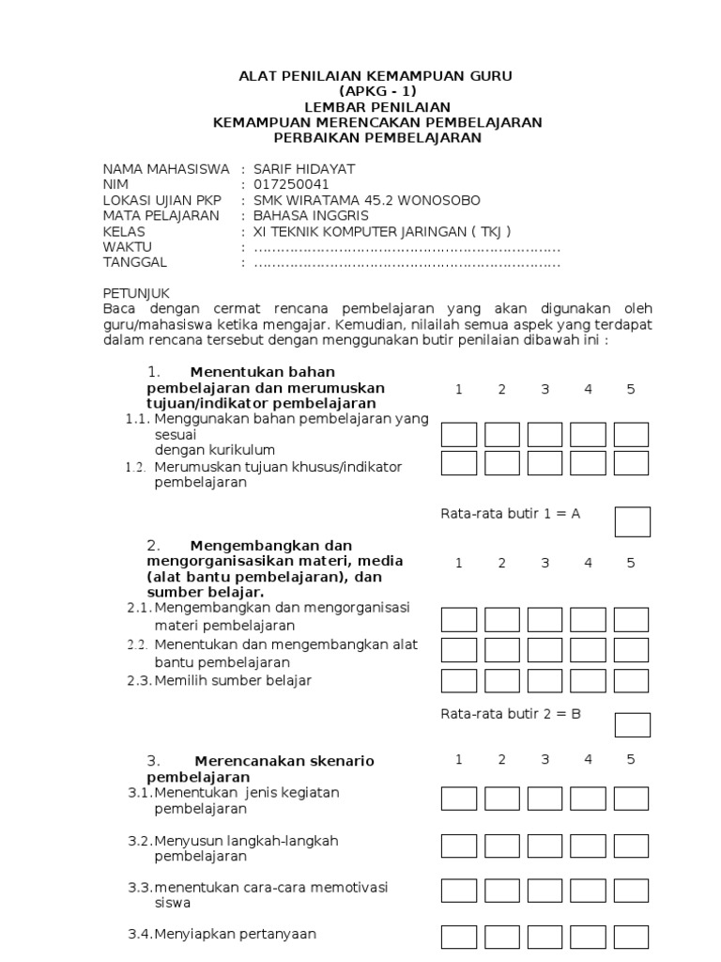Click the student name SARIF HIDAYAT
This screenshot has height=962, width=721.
click(x=304, y=169)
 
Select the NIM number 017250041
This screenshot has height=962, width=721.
click(x=292, y=185)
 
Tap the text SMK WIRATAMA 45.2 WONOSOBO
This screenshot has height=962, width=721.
click(x=366, y=201)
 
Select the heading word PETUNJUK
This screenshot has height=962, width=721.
click(x=137, y=294)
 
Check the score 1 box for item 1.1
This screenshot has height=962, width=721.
click(x=459, y=434)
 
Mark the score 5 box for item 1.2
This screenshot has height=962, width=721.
click(x=631, y=463)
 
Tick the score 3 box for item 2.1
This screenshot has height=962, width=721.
click(x=545, y=620)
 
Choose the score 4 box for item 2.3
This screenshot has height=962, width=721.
click(x=588, y=680)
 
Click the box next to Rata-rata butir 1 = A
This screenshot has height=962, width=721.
click(x=632, y=521)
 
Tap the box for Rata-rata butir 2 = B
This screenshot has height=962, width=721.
click(x=632, y=724)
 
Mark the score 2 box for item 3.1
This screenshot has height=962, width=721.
click(x=502, y=799)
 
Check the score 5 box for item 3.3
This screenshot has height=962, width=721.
click(x=631, y=890)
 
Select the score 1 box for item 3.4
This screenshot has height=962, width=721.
click(x=459, y=937)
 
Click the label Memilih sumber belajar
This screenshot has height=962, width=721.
click(x=233, y=680)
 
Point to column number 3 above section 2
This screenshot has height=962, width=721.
click(x=545, y=563)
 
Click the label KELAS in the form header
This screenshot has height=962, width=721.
click(x=125, y=232)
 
